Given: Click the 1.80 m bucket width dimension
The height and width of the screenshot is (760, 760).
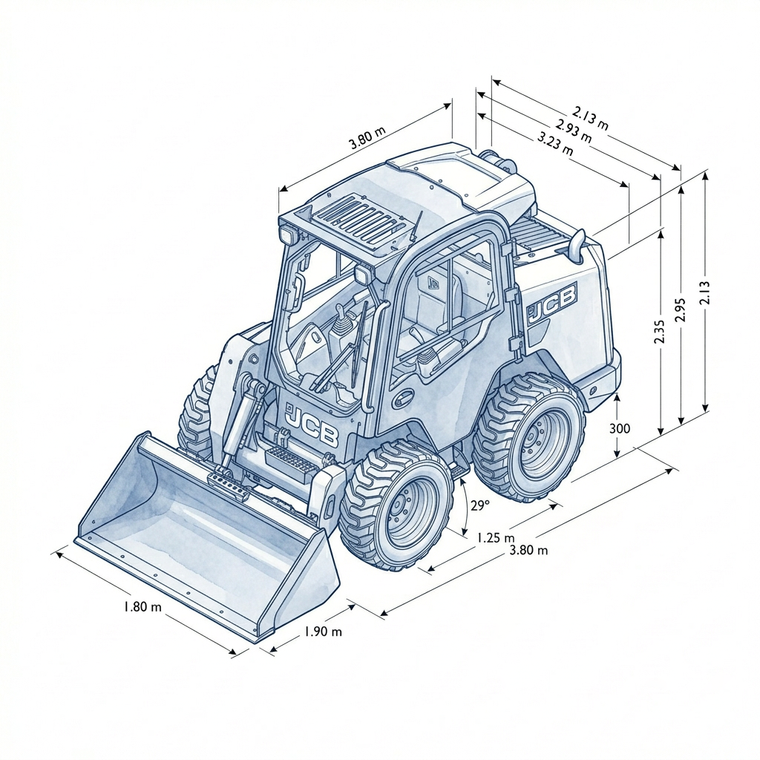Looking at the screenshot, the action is point(142,606).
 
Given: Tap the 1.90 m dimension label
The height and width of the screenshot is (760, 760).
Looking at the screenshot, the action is point(323,632).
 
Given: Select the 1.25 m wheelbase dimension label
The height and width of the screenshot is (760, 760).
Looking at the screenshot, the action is point(495,537).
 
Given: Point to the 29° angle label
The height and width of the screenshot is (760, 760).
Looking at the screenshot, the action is point(480,505).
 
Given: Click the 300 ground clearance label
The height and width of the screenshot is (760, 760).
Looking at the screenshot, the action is point(620,428).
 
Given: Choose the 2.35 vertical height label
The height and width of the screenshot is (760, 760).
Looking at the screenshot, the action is point(659,332).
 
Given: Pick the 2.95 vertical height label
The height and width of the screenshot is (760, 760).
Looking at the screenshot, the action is point(680,309).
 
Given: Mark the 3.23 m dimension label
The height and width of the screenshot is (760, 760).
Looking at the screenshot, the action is point(555,144).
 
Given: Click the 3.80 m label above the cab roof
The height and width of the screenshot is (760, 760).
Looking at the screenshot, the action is point(367,137).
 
